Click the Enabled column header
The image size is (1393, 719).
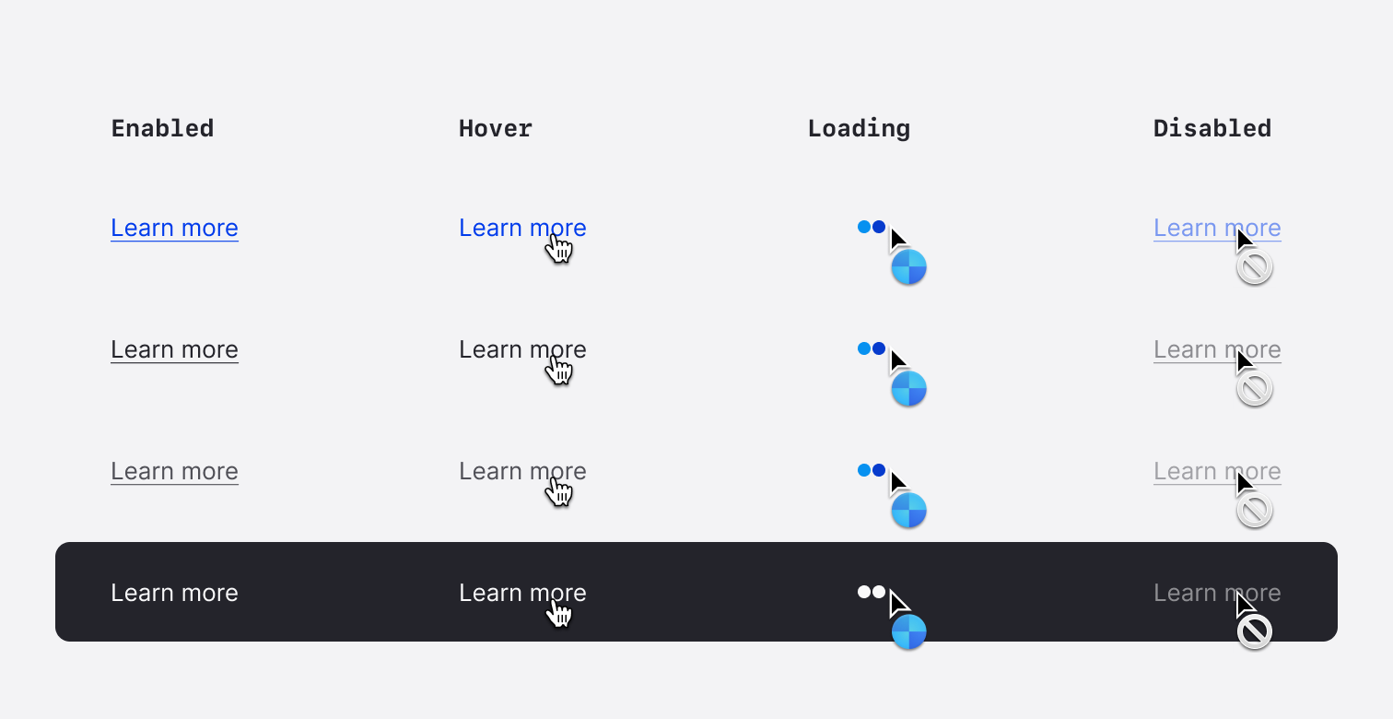(162, 129)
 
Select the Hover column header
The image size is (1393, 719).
(495, 129)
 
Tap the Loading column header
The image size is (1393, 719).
(859, 129)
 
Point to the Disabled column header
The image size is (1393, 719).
(1212, 129)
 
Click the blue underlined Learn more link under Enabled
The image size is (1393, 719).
(174, 229)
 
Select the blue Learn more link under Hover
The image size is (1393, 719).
(522, 229)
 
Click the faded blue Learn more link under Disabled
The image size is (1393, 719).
(1217, 229)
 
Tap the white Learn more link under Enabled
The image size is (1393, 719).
(174, 593)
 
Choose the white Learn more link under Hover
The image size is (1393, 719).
(522, 593)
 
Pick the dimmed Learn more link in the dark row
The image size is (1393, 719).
(1217, 593)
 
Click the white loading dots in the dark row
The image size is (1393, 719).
(872, 592)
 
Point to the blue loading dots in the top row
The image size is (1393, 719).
(872, 227)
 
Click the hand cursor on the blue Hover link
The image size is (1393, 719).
(559, 249)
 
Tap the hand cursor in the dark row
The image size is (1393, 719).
(559, 613)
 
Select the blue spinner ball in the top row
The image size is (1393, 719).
(908, 267)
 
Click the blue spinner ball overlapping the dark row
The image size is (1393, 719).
(908, 632)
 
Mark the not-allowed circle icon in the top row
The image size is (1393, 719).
(1254, 267)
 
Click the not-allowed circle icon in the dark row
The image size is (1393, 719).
(1254, 632)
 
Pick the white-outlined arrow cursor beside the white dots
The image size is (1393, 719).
(897, 603)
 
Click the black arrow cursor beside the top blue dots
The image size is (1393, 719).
(897, 239)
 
